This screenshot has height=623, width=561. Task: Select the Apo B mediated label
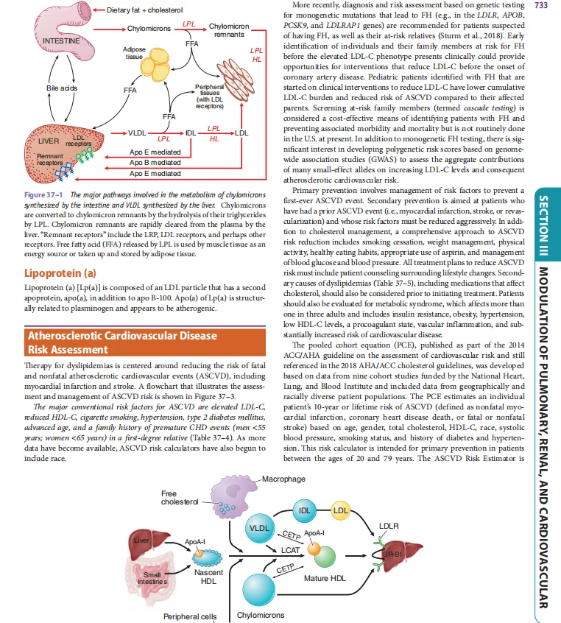point(154,162)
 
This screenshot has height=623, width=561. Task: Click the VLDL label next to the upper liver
point(138,133)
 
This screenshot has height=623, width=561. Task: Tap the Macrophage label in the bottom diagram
point(283,479)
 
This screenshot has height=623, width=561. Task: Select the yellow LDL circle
point(341,510)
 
